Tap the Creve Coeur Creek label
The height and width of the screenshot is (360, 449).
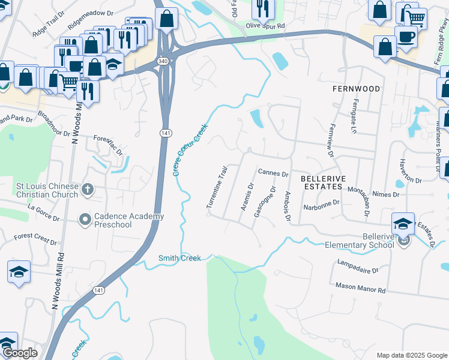pos(190,150)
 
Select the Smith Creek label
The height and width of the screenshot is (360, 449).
pos(178,259)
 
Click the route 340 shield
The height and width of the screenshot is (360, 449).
pos(163,61)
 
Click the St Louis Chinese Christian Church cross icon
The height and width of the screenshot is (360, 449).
pos(88,190)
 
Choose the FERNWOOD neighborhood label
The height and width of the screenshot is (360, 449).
pos(357,89)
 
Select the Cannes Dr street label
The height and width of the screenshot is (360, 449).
pos(274,173)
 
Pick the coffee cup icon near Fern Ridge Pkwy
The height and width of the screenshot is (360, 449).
pos(406,36)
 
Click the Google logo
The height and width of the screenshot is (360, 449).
pos(19,353)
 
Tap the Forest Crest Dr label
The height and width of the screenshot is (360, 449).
pos(35,239)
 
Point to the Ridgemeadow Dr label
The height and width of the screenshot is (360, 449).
pos(91,13)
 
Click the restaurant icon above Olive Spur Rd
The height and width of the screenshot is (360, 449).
pos(263,8)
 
